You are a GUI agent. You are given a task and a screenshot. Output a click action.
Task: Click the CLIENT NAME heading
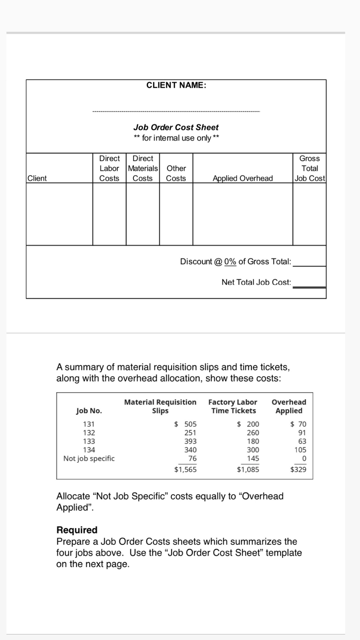(176, 85)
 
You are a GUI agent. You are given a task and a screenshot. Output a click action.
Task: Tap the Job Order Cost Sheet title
(176, 127)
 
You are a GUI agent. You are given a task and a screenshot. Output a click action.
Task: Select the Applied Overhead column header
(243, 178)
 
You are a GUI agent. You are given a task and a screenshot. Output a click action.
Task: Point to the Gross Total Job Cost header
(310, 169)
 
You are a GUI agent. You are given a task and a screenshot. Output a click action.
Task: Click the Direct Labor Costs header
(109, 169)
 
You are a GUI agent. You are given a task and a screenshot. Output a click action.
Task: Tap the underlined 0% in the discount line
(230, 262)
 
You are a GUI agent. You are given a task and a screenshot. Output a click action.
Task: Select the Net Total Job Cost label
(256, 282)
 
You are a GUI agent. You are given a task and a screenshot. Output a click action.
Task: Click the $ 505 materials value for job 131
(186, 424)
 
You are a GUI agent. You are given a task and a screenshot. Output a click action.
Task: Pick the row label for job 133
(89, 441)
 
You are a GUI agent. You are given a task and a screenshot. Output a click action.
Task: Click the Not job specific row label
(89, 459)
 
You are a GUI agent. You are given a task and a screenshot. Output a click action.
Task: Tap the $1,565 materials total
(185, 469)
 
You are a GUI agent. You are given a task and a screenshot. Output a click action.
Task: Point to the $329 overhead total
(298, 469)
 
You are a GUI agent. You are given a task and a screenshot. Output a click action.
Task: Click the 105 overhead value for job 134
(300, 450)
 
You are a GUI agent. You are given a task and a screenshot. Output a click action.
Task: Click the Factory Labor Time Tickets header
(233, 406)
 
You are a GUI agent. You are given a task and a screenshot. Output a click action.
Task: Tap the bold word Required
(77, 530)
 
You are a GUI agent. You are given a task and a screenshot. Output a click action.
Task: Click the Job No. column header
(89, 411)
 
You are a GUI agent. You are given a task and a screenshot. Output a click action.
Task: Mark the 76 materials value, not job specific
(192, 459)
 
